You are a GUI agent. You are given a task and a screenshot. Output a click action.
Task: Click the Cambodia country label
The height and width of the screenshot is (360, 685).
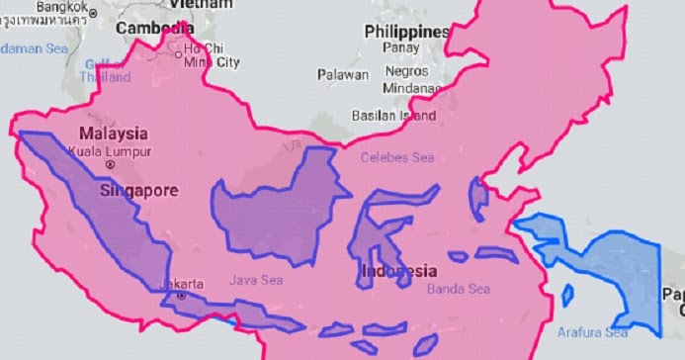tap(154, 29)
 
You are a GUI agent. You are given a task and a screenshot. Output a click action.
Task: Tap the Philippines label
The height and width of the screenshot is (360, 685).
tap(407, 32)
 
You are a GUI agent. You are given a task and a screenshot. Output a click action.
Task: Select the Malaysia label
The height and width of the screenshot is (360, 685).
tap(114, 134)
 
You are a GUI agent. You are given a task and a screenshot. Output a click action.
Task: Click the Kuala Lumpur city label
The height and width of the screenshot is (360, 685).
tap(110, 151)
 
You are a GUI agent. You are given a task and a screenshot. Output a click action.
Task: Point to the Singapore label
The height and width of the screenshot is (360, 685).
tap(137, 190)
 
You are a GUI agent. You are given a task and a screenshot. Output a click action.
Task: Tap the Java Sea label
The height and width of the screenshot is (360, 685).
tap(256, 281)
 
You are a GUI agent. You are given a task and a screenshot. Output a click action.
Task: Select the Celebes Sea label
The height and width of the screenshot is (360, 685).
tap(396, 157)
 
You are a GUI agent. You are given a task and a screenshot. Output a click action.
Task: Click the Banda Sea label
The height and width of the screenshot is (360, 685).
tap(458, 290)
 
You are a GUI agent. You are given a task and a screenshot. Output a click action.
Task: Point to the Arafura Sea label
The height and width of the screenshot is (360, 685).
tap(592, 332)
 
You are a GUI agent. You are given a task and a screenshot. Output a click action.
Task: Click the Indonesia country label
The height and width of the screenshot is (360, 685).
tap(397, 271)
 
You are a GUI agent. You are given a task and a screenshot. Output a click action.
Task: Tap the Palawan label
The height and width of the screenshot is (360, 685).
tap(343, 74)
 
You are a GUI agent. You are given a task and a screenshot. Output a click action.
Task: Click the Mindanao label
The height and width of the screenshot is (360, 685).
tap(411, 87)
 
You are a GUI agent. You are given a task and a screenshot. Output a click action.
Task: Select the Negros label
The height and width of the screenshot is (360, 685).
tap(405, 72)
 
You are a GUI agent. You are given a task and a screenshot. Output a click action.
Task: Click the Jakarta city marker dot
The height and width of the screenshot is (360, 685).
tap(180, 295)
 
